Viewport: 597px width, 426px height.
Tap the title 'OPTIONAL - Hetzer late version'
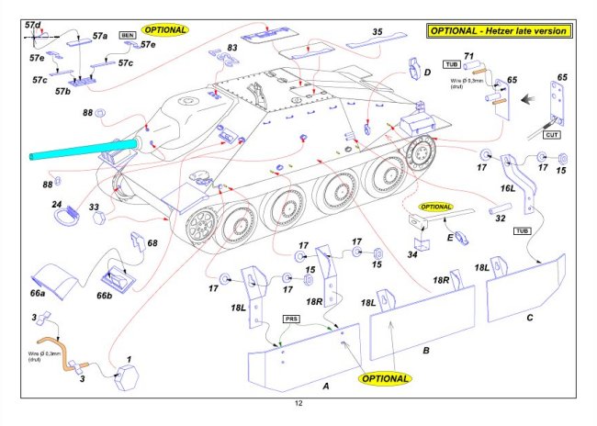pos(500,31)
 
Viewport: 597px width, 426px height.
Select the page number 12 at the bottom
pos(298,404)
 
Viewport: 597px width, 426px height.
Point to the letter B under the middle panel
pos(425,350)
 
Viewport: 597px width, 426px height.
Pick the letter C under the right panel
pos(530,318)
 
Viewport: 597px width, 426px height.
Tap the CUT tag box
pos(552,134)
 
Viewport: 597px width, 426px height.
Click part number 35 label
pos(377,32)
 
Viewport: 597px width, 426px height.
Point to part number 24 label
pos(56,205)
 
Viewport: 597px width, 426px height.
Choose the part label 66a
pos(37,293)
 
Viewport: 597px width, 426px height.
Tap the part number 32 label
pos(501,219)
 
